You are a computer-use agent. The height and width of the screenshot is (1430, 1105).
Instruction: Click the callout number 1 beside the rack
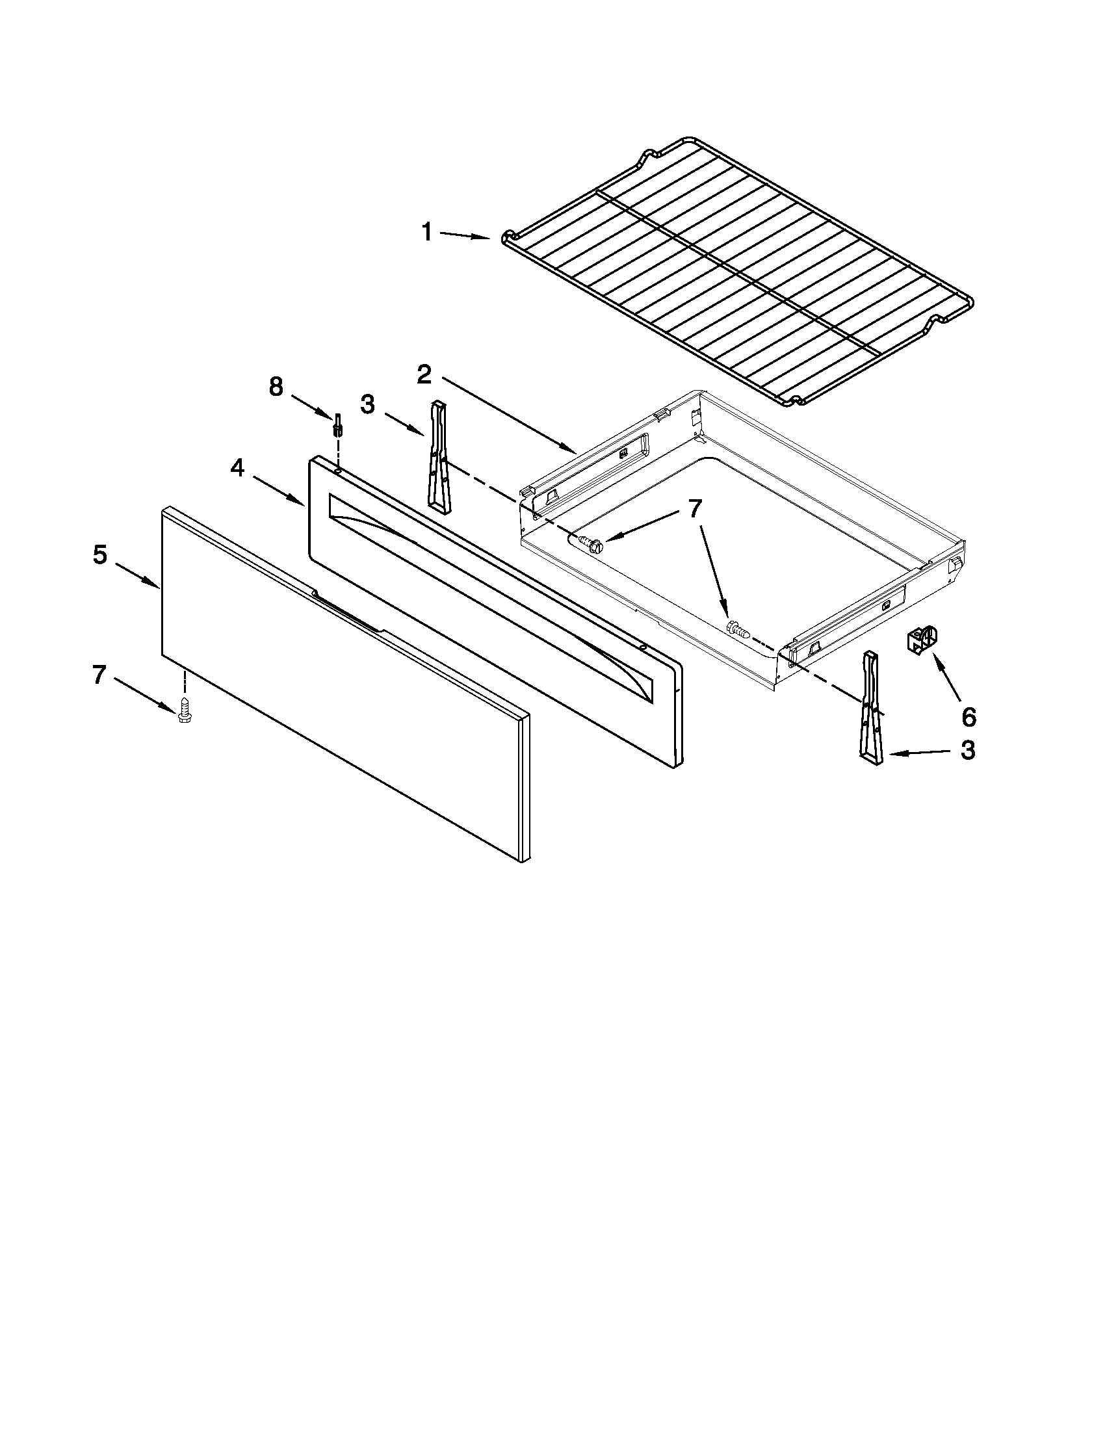[x=427, y=233]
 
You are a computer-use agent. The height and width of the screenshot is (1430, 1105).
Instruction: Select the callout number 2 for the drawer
[x=424, y=374]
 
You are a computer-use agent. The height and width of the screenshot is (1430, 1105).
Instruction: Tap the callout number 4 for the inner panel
[x=237, y=468]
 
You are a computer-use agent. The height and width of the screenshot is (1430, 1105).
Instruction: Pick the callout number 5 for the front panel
[x=99, y=555]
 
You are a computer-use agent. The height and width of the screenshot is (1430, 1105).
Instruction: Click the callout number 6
[x=968, y=717]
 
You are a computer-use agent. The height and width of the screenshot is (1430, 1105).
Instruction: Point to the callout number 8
[x=276, y=387]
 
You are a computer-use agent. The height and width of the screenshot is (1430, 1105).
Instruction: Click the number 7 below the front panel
[x=99, y=675]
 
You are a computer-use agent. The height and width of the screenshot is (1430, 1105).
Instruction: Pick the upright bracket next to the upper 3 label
[x=438, y=453]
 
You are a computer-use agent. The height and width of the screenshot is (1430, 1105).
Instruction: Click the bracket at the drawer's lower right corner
[x=873, y=707]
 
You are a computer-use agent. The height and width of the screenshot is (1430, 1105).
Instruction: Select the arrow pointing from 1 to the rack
[x=465, y=236]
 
